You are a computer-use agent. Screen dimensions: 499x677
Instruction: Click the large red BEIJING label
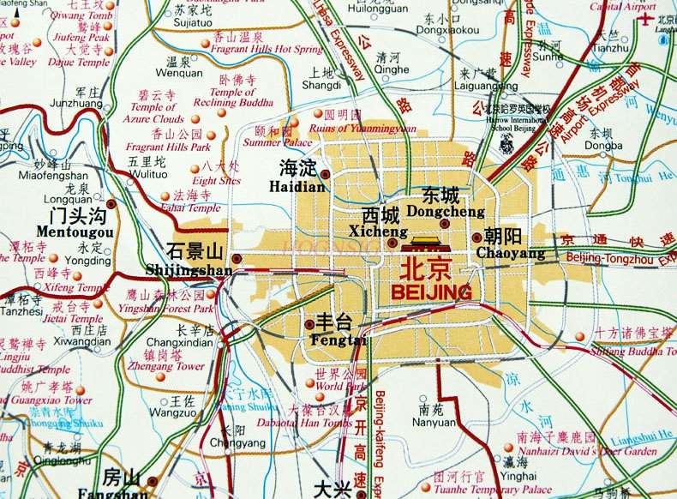[430, 292]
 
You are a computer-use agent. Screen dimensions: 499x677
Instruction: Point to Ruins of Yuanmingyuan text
[358, 128]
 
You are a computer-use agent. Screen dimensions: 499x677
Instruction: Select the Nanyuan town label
[432, 422]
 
